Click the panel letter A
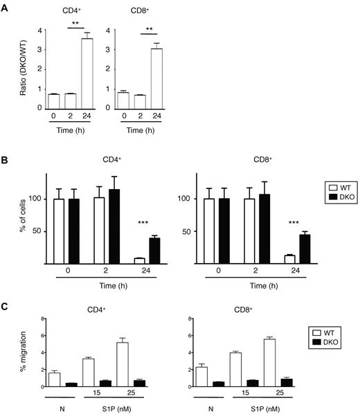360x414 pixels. [x=6, y=6]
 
